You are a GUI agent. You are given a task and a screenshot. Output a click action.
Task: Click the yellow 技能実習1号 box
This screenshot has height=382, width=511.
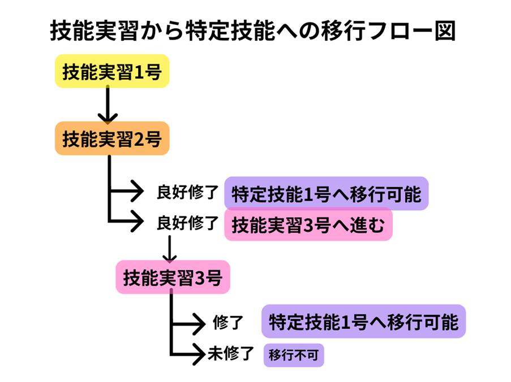pyautogui.click(x=112, y=71)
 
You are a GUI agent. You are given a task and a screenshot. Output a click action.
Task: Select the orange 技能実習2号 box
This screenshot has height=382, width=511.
pyautogui.click(x=112, y=138)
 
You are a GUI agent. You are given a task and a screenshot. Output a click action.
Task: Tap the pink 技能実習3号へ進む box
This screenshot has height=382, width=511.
pyautogui.click(x=308, y=225)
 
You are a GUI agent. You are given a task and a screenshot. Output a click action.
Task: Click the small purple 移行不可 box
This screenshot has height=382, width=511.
pyautogui.click(x=294, y=355)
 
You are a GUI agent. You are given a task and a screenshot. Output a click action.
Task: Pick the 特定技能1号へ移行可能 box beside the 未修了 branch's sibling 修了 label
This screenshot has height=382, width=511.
pyautogui.click(x=363, y=322)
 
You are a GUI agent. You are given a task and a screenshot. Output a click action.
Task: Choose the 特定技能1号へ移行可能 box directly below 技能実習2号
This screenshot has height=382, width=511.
pyautogui.click(x=326, y=193)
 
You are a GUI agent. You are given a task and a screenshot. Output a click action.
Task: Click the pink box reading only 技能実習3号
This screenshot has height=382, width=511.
pyautogui.click(x=173, y=277)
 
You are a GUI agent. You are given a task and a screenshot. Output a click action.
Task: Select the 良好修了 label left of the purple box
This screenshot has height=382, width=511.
pyautogui.click(x=187, y=193)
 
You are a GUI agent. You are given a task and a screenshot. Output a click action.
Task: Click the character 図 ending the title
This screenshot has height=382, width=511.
pyautogui.click(x=445, y=31)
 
